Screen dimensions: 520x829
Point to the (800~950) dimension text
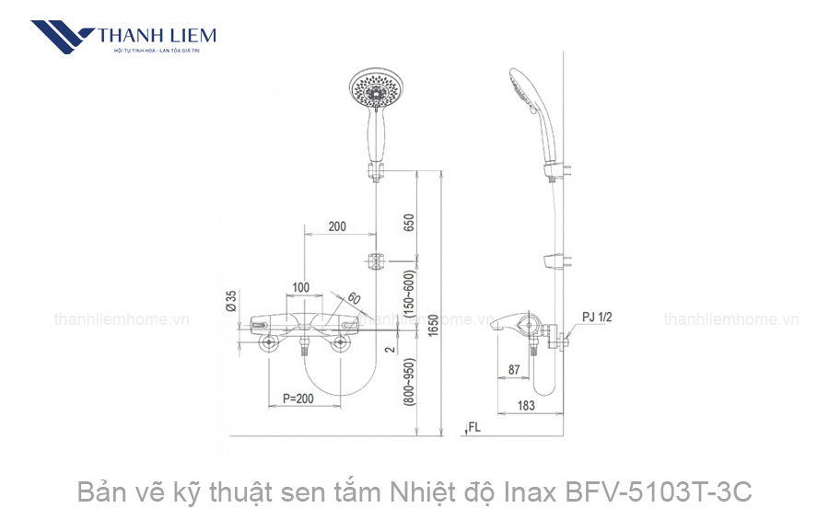408,384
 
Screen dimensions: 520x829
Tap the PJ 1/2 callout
597,318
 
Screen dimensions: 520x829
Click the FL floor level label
474,427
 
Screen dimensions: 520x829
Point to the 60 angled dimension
354,298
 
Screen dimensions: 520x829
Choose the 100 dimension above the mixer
300,287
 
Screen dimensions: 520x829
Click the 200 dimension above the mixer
336,226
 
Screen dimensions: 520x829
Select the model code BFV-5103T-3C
666,493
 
